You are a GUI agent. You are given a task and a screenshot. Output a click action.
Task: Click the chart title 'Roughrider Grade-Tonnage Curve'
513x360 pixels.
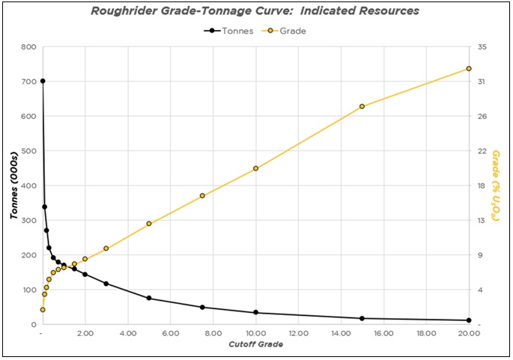tap(255, 11)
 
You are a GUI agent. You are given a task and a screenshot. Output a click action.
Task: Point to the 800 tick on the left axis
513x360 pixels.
tap(28, 46)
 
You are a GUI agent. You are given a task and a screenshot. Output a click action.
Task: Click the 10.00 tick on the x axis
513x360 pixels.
tap(255, 334)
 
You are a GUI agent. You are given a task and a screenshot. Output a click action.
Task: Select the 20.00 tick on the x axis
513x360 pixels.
tap(468, 334)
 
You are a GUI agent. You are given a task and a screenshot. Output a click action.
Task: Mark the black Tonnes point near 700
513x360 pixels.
tap(43, 81)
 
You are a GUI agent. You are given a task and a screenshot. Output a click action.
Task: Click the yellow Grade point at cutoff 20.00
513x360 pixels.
tap(469, 69)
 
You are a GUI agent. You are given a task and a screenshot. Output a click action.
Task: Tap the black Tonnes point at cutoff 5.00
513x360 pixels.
tap(149, 298)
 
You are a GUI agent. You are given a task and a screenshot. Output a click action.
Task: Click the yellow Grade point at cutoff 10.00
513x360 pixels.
tap(255, 168)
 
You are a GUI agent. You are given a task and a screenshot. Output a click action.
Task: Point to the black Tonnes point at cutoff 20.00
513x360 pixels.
tap(469, 320)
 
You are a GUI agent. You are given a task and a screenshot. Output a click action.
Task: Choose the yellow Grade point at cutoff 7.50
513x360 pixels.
tap(202, 196)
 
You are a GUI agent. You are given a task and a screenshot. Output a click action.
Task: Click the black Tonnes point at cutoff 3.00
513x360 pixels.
tap(106, 284)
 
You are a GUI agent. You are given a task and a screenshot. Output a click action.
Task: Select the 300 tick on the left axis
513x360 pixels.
tap(28, 220)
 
